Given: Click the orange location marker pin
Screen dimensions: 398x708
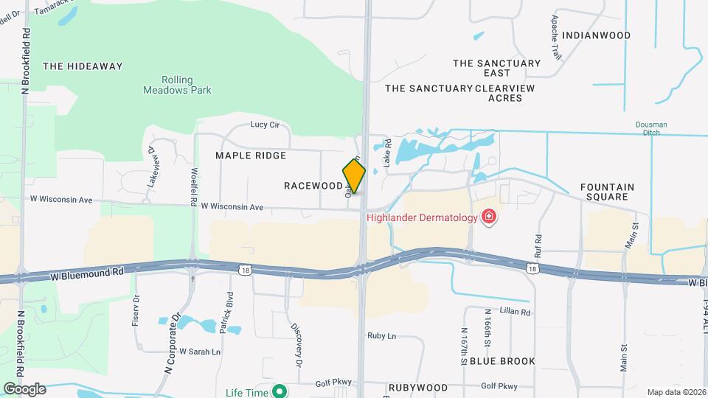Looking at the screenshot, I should click(354, 176).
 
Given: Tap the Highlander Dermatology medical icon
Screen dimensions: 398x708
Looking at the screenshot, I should click(488, 216).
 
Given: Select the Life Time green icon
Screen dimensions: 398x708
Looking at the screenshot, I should click(279, 392).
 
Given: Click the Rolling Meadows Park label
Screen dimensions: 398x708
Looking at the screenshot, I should click(177, 85).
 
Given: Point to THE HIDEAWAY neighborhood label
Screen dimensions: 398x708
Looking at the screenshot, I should click(83, 66).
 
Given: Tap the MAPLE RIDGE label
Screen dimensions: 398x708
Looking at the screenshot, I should click(251, 156).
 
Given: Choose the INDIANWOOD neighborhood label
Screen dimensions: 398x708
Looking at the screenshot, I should click(596, 35).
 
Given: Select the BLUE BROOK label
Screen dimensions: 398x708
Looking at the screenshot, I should click(502, 361).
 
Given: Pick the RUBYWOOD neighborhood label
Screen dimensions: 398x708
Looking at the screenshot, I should click(418, 388).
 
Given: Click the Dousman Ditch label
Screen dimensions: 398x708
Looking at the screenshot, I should click(651, 129).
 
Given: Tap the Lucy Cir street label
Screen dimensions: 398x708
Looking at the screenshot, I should click(265, 125).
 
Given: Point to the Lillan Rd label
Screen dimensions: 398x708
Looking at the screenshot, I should click(515, 313).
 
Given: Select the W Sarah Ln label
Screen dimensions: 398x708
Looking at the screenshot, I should click(200, 352).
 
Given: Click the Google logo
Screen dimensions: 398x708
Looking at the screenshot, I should click(24, 389).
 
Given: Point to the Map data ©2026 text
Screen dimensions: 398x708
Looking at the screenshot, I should click(676, 392).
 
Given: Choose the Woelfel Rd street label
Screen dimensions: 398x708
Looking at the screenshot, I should click(194, 186).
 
